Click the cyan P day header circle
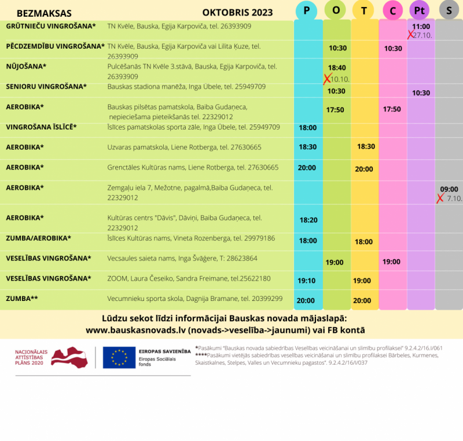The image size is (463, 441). click(306, 10)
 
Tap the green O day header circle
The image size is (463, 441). click(336, 10)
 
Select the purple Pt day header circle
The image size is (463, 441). click(420, 10)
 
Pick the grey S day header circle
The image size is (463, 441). click(449, 10)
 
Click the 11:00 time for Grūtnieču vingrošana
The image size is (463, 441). click(421, 27)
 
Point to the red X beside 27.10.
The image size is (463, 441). click(411, 35)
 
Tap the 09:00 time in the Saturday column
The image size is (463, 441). click(449, 189)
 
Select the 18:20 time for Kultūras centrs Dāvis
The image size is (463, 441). click(308, 220)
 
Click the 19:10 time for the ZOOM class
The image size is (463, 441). click(306, 281)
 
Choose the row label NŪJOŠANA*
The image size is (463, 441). click(26, 67)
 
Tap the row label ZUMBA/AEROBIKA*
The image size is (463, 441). click(38, 238)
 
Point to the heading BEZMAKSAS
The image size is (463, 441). click(44, 13)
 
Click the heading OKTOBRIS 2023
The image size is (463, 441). click(237, 13)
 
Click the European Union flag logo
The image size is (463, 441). click(119, 358)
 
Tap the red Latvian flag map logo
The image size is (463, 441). click(69, 357)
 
